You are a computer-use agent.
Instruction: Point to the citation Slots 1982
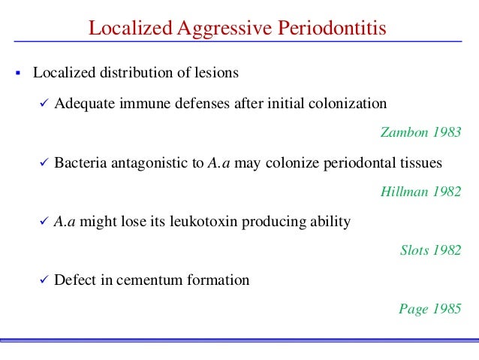click(x=431, y=250)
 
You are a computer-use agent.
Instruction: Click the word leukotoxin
click(x=196, y=222)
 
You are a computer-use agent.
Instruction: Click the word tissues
click(x=423, y=162)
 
